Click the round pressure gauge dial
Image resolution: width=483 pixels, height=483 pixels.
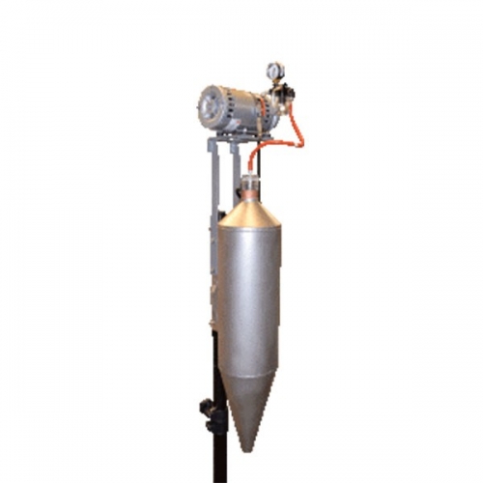(x=274, y=71)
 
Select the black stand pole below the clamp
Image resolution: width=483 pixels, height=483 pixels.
(x=219, y=454)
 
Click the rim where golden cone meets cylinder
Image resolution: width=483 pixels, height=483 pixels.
(x=250, y=229)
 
